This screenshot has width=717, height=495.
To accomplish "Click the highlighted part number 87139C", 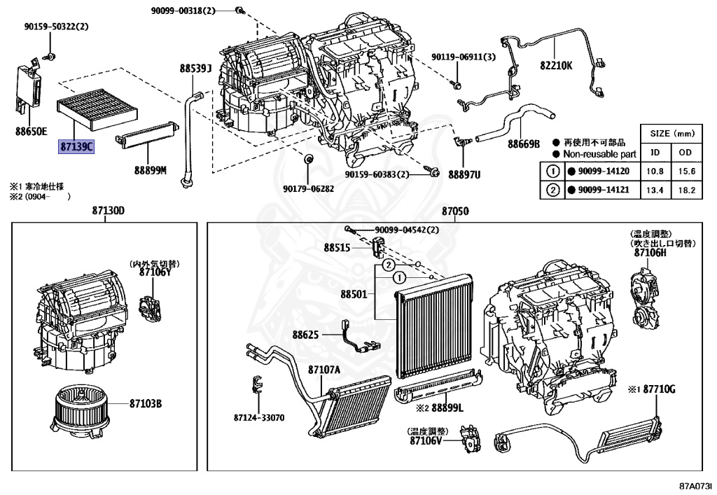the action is pos(76,147).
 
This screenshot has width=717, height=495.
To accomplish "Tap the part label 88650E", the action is pos(31,132).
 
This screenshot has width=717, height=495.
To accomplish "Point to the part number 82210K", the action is pos(556,65).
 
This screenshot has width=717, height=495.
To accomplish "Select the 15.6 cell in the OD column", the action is pos(687,172).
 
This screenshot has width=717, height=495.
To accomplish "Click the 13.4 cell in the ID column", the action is pos(655,190).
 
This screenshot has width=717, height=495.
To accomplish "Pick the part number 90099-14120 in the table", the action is pos(604,172).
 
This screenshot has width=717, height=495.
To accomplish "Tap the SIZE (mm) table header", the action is pos(672,134).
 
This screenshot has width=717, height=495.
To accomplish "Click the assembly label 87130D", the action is pos(109,211).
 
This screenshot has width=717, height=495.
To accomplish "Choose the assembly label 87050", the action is pos(455,211).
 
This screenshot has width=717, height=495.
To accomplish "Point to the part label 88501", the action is pos(354,294).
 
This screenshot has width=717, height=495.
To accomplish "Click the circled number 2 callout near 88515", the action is pos(388,265).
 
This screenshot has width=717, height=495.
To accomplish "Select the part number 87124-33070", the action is pos(259,417).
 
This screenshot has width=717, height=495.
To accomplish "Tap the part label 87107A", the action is pos(324,369).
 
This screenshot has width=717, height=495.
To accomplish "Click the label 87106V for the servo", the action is pos(426,441).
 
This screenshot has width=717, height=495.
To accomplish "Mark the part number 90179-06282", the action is pos(308,188).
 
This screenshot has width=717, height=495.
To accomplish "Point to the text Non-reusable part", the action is pos(599,155).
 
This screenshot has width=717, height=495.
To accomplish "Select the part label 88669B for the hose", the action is pos(524,144).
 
